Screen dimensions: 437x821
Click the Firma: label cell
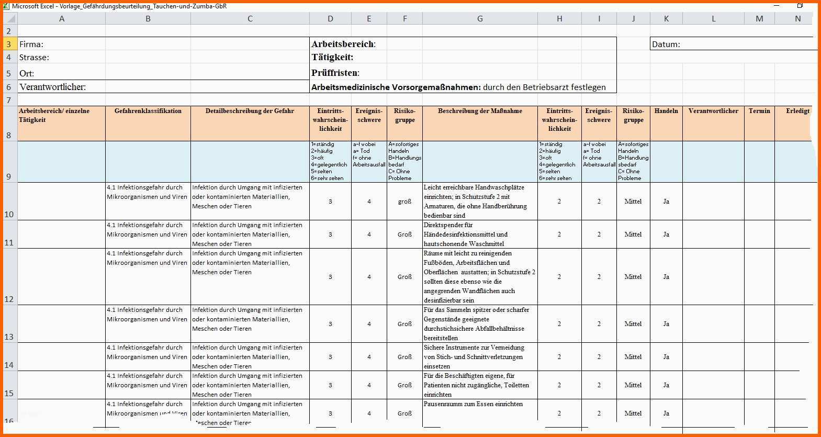tap(31, 44)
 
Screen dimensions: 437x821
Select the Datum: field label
tap(666, 44)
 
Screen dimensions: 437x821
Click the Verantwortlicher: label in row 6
tap(52, 87)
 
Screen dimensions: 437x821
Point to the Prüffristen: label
tap(335, 73)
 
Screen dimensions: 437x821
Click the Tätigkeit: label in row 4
tap(332, 57)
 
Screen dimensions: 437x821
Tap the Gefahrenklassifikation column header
tap(148, 111)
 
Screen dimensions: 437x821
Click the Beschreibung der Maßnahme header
tap(480, 111)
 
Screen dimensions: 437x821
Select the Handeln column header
tap(666, 111)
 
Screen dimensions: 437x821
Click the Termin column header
tap(759, 111)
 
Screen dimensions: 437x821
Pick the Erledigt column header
tap(797, 111)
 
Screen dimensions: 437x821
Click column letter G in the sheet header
tap(480, 19)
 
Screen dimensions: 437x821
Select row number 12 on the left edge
tap(9, 299)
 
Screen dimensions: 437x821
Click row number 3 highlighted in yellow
tap(9, 44)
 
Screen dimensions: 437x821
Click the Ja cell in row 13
tap(666, 324)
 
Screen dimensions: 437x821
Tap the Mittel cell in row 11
tap(633, 234)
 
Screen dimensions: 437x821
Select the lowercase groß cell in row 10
tap(404, 201)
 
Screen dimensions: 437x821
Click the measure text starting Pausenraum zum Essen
tap(473, 404)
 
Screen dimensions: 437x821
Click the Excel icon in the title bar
tap(6, 6)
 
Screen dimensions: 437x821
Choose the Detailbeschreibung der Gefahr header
tap(250, 111)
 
